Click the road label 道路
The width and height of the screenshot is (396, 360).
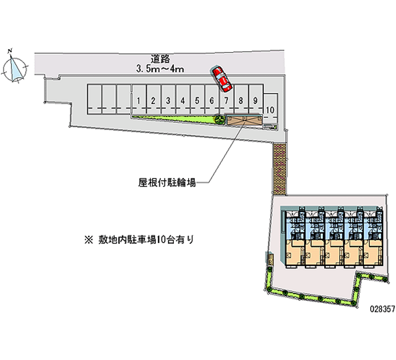coord(161,58)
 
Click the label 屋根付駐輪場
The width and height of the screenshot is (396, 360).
coord(167,182)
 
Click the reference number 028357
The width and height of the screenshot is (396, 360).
coord(382,307)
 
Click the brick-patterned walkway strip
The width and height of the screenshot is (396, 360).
coord(279,168)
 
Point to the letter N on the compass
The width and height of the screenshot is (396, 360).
coord(10,50)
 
